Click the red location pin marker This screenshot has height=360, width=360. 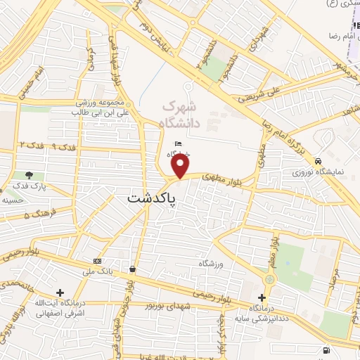pos(181,166)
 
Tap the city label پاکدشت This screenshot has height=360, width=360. pos(152,199)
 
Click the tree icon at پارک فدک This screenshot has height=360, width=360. pos(29,175)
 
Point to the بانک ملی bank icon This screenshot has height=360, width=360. pos(97,262)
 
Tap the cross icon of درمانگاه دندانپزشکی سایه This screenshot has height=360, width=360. pos(262,298)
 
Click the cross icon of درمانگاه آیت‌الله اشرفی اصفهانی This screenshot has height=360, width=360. pos(60,292)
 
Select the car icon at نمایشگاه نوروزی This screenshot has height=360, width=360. pos(319,161)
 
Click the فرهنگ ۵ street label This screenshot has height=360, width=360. pos(37,213)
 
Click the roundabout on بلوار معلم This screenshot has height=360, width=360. pos(271,277)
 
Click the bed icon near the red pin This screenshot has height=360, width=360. pos(178,144)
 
